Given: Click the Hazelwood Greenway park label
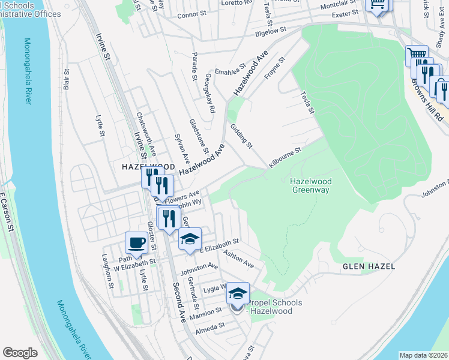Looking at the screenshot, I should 310,185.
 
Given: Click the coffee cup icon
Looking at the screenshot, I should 136,243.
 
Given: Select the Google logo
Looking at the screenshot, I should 20,353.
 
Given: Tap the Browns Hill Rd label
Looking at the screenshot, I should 431,98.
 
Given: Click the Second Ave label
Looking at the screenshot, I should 178,300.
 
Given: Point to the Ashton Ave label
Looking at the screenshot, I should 238,259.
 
